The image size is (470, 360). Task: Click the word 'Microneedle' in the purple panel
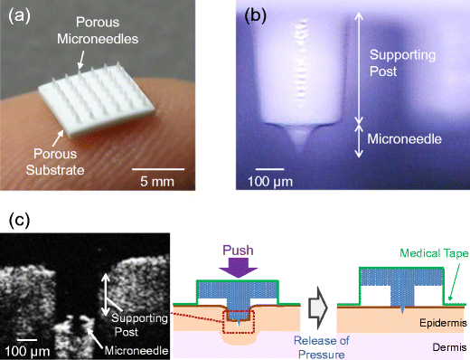pos(409,138)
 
